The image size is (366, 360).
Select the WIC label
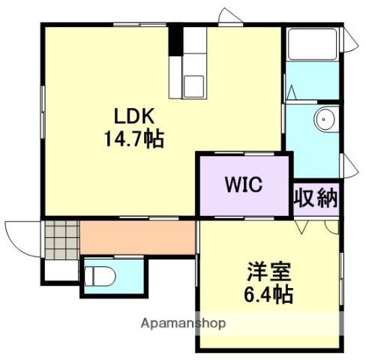pyautogui.click(x=241, y=184)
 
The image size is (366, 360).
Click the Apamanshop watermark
pyautogui.click(x=184, y=325)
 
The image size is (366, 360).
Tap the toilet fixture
pyautogui.click(x=97, y=274)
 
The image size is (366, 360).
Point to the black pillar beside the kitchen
pyautogui.click(x=175, y=40)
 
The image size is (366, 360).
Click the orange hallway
pyautogui.click(x=136, y=237)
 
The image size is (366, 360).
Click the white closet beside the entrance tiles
pyautogui.click(x=58, y=268)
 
